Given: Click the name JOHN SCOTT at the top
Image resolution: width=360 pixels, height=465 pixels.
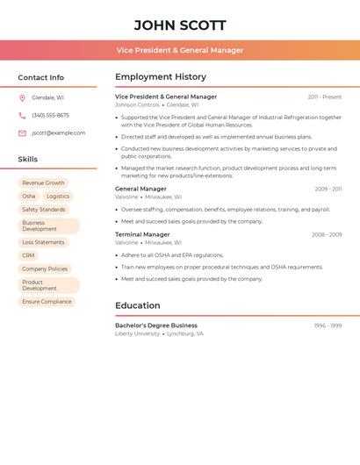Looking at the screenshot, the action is click(x=180, y=25).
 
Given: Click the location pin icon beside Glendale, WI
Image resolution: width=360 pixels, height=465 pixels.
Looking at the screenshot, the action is click(x=22, y=98).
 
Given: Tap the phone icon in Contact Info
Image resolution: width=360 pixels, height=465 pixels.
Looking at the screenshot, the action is click(x=22, y=116).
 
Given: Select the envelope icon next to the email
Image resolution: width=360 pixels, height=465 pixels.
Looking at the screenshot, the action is click(x=22, y=133).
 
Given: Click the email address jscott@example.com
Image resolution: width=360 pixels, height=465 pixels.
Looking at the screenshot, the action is click(x=59, y=133).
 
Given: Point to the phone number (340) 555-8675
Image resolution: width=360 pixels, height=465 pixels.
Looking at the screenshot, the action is click(x=50, y=116).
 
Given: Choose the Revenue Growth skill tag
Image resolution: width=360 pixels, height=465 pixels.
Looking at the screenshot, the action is click(x=44, y=183).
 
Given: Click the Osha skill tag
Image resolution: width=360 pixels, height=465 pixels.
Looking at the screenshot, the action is click(x=29, y=197).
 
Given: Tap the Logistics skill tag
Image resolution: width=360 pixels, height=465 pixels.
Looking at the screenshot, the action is click(x=58, y=197).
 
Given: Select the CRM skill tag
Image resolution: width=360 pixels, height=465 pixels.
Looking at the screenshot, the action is click(x=29, y=255).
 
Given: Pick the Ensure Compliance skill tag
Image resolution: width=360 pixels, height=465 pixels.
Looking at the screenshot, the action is click(x=47, y=301).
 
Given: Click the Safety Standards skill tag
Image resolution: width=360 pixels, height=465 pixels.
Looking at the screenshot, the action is click(x=44, y=210).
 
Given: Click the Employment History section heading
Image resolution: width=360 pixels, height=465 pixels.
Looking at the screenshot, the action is click(x=161, y=77).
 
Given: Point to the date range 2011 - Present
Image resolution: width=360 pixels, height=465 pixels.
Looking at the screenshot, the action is click(x=325, y=97).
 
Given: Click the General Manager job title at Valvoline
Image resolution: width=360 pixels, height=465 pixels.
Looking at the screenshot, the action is click(x=140, y=189).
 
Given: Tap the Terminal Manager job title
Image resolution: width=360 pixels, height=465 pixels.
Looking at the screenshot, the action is click(x=142, y=235).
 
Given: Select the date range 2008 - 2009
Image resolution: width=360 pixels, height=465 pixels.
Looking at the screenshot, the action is click(x=327, y=235).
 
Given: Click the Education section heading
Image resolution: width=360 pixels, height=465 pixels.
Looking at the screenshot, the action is click(x=138, y=306).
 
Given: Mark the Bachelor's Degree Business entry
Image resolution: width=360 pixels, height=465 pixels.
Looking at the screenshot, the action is click(x=156, y=325).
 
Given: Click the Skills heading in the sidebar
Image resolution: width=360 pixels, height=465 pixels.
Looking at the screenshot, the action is click(x=28, y=160).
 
